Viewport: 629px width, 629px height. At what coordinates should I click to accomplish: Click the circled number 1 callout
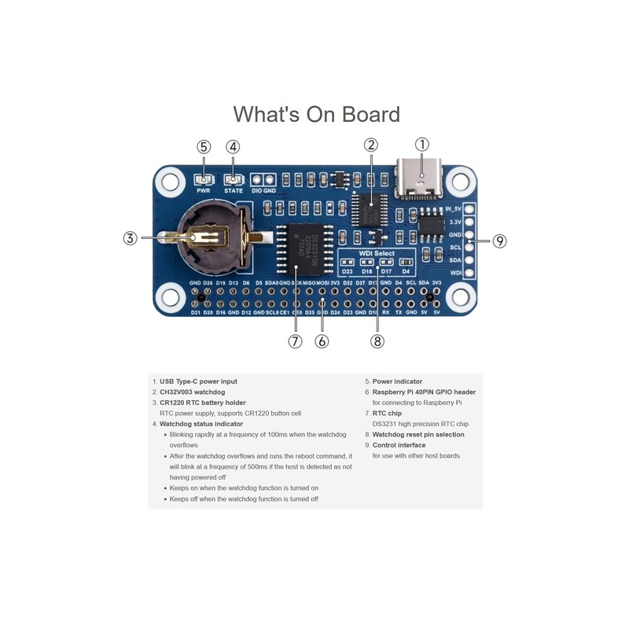(422, 144)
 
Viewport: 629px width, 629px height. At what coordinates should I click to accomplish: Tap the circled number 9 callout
(499, 241)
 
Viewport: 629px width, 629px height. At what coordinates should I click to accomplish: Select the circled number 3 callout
(131, 237)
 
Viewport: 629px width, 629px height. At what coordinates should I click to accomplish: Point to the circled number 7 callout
(295, 341)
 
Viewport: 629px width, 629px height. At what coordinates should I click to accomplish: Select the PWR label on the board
(204, 191)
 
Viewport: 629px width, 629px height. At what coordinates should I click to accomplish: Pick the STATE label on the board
(233, 191)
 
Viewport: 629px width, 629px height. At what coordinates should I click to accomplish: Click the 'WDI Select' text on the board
(376, 254)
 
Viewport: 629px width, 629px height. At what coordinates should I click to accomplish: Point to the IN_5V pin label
(453, 209)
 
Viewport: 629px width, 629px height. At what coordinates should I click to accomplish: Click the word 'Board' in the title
(370, 115)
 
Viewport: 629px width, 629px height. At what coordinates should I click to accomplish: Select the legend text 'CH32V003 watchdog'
(193, 392)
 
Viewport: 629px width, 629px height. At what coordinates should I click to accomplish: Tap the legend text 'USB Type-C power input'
(198, 381)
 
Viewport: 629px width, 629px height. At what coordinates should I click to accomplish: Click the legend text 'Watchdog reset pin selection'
(418, 434)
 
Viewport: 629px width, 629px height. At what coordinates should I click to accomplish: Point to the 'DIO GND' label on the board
(263, 191)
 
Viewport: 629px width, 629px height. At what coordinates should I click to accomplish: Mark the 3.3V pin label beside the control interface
(454, 222)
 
